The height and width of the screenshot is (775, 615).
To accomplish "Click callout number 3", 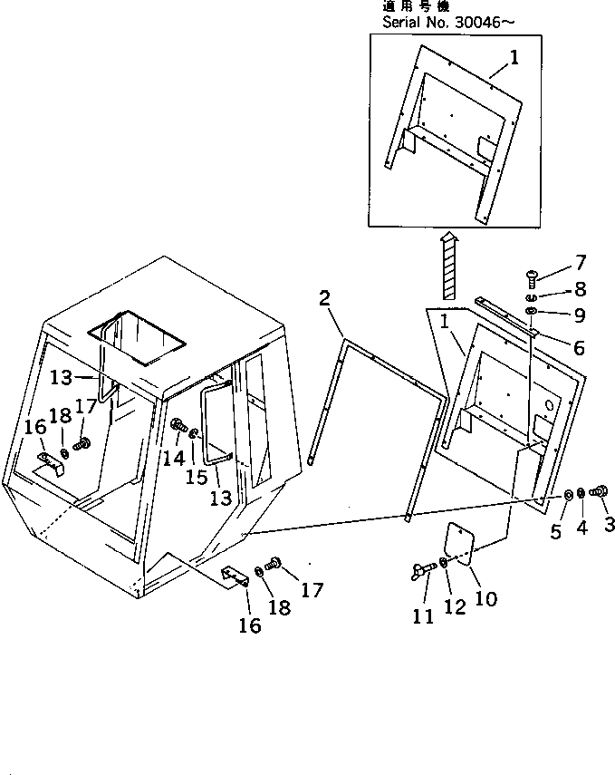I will coord(610,523).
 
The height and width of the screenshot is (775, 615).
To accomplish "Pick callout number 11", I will coord(422,616).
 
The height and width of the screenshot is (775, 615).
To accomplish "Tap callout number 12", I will coord(454,606).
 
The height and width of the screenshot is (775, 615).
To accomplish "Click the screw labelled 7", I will coord(532,276).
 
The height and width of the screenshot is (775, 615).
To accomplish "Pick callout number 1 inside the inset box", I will coord(514,58).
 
